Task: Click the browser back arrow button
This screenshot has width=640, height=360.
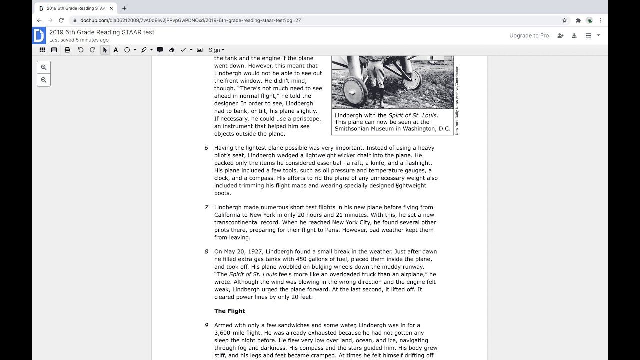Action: pos(39,20)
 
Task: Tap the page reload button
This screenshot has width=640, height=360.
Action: pos(61,20)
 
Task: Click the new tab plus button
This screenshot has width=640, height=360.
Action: pos(124,8)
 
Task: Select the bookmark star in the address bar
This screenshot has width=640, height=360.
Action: pos(564,20)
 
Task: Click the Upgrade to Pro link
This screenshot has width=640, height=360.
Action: pos(529,35)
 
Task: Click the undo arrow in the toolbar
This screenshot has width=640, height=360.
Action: pos(80,50)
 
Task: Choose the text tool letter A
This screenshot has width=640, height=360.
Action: pos(116,50)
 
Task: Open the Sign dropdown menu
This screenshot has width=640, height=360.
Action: pos(216,50)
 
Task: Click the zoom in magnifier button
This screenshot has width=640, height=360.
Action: pos(44,67)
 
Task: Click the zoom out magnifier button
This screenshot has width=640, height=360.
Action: pos(44,80)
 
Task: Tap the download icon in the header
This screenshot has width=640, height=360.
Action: pos(574,35)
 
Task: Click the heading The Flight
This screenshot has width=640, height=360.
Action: pos(229,311)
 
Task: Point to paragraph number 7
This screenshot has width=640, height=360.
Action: pos(206,207)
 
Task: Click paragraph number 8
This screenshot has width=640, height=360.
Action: pos(206,251)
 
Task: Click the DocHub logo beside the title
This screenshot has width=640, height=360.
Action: pos(39,35)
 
